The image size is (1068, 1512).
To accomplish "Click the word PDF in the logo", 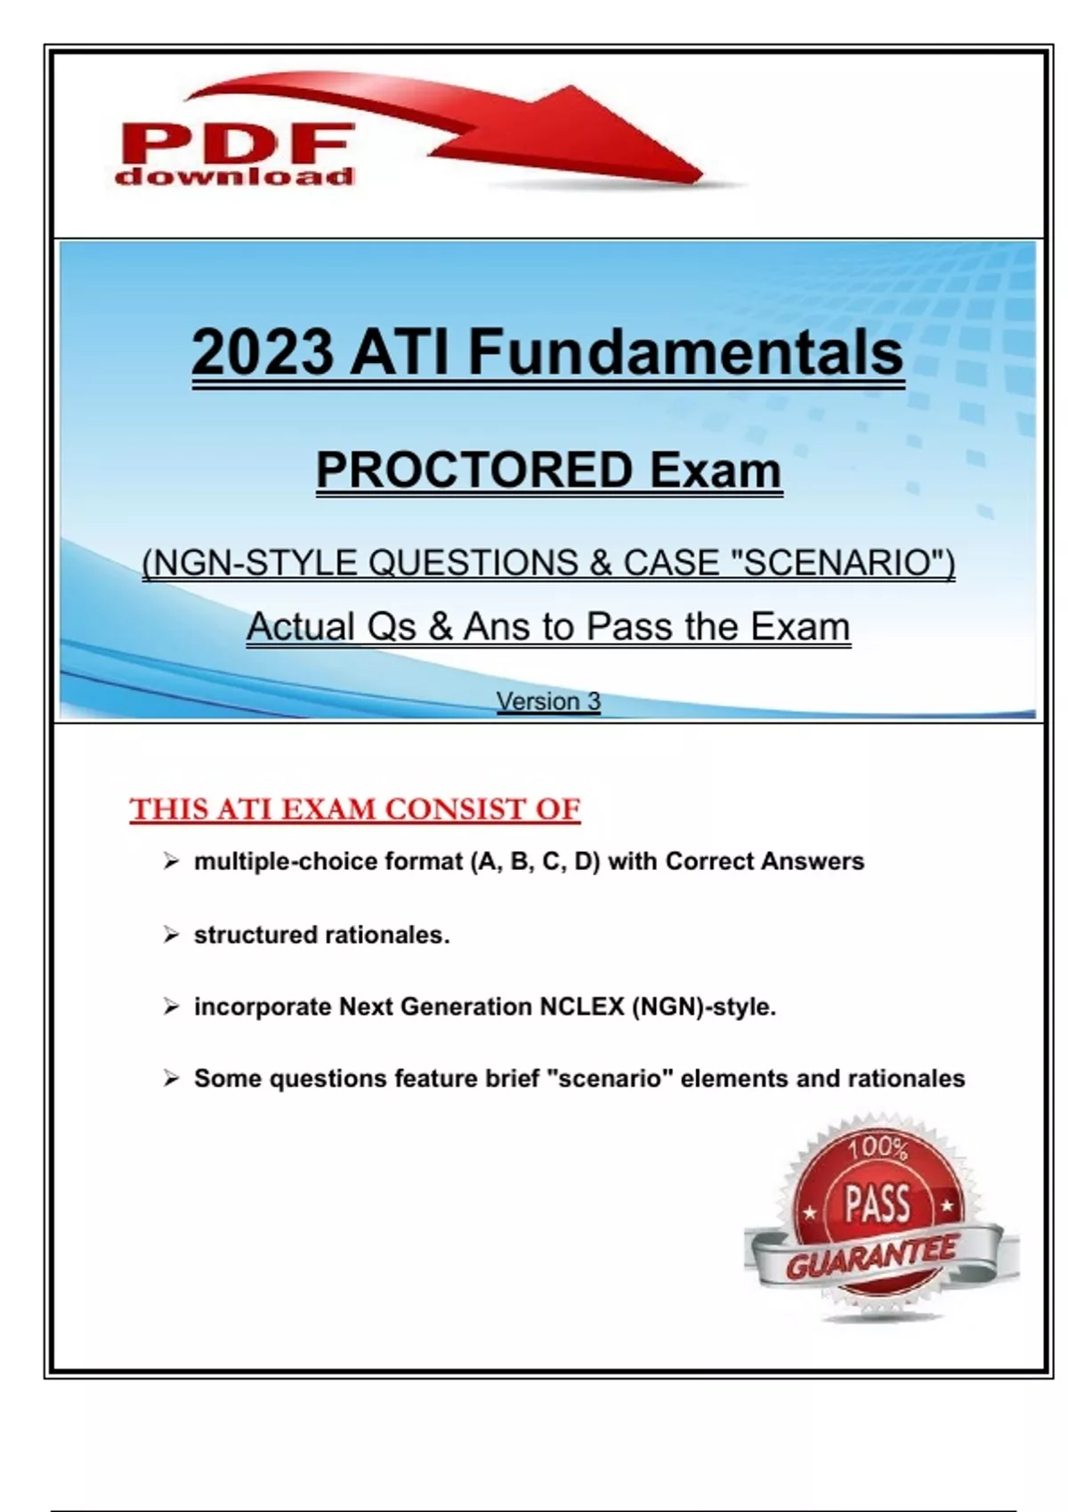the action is tap(236, 143).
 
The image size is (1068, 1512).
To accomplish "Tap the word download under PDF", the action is tap(234, 176).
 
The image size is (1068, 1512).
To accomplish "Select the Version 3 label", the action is tap(548, 701).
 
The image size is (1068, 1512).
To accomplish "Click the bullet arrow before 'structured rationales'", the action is tap(171, 935).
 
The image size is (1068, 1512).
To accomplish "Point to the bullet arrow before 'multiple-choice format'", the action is tap(171, 861).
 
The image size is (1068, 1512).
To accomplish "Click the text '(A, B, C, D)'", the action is tap(535, 861).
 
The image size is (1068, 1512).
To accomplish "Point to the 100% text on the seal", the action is tap(878, 1147).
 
